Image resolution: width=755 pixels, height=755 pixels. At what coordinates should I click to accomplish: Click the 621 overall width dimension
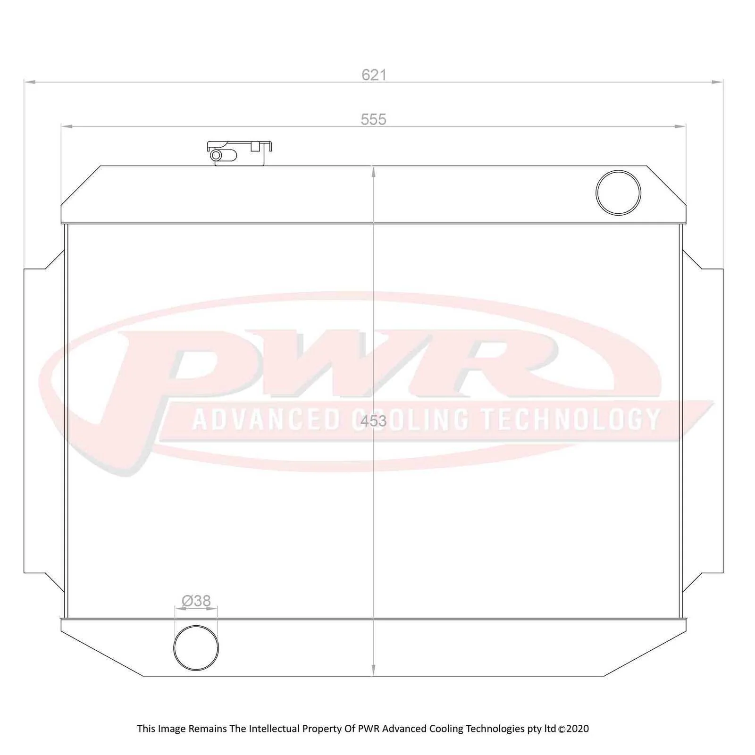374,75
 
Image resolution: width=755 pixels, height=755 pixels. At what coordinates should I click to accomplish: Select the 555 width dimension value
374,119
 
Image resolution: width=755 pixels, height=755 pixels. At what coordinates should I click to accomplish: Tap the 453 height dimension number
373,421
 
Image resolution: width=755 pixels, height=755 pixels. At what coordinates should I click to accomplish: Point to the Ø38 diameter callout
196,601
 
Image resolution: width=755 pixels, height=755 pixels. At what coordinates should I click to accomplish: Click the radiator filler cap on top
239,153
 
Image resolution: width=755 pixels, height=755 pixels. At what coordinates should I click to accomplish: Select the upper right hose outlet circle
618,193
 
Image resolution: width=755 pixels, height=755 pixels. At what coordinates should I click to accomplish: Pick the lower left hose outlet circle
196,648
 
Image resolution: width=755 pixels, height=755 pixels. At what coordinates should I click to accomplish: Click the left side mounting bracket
43,421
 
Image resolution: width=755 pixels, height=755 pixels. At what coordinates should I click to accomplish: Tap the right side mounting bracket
703,421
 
